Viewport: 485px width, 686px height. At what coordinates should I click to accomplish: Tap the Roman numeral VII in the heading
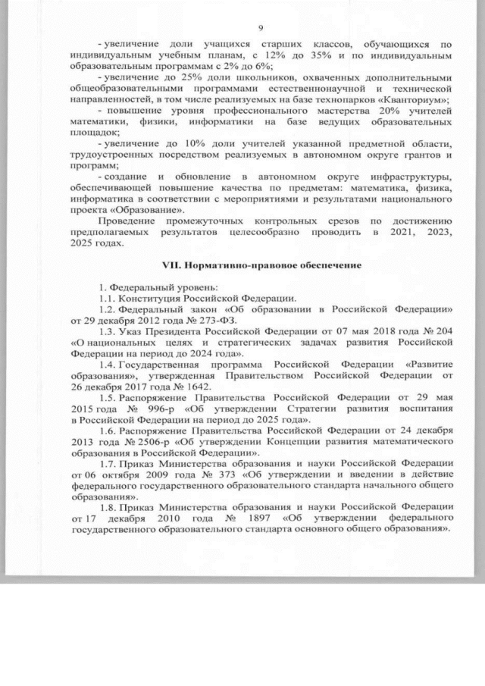172,266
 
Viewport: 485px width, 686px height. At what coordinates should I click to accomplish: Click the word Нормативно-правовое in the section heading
227,266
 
